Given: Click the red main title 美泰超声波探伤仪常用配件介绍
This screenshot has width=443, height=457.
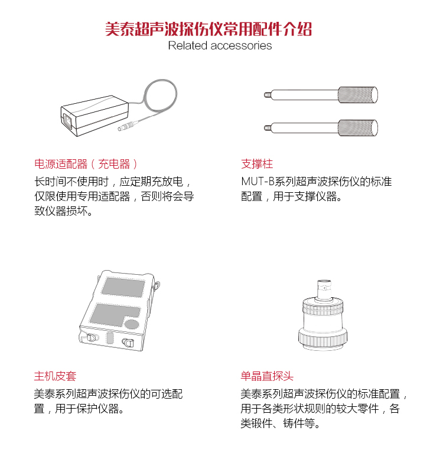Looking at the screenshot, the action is [x=209, y=29].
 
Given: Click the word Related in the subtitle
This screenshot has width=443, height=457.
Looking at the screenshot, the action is [x=187, y=45].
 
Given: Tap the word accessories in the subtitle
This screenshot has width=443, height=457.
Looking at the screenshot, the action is [x=241, y=46].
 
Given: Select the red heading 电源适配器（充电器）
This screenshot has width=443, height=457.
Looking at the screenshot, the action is [x=86, y=164].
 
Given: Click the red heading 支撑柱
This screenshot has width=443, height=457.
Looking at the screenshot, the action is [x=257, y=164].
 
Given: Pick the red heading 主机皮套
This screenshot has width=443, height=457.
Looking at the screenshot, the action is [x=55, y=376].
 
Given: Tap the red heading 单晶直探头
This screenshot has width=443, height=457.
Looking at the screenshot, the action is [x=267, y=376].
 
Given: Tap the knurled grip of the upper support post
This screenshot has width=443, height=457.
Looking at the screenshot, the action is [x=358, y=95].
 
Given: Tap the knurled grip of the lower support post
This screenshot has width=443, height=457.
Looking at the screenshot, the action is [x=358, y=127].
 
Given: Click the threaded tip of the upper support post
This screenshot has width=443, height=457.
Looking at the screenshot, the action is [x=267, y=95].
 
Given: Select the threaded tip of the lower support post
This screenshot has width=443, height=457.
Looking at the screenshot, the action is [x=267, y=127].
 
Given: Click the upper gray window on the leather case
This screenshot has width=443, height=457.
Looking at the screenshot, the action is [x=123, y=287].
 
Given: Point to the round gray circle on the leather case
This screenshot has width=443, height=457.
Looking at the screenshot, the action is [x=132, y=324].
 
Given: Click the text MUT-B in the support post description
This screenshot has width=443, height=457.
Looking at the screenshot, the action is [x=258, y=182].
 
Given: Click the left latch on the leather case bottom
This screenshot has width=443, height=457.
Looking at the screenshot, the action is [x=91, y=337].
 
